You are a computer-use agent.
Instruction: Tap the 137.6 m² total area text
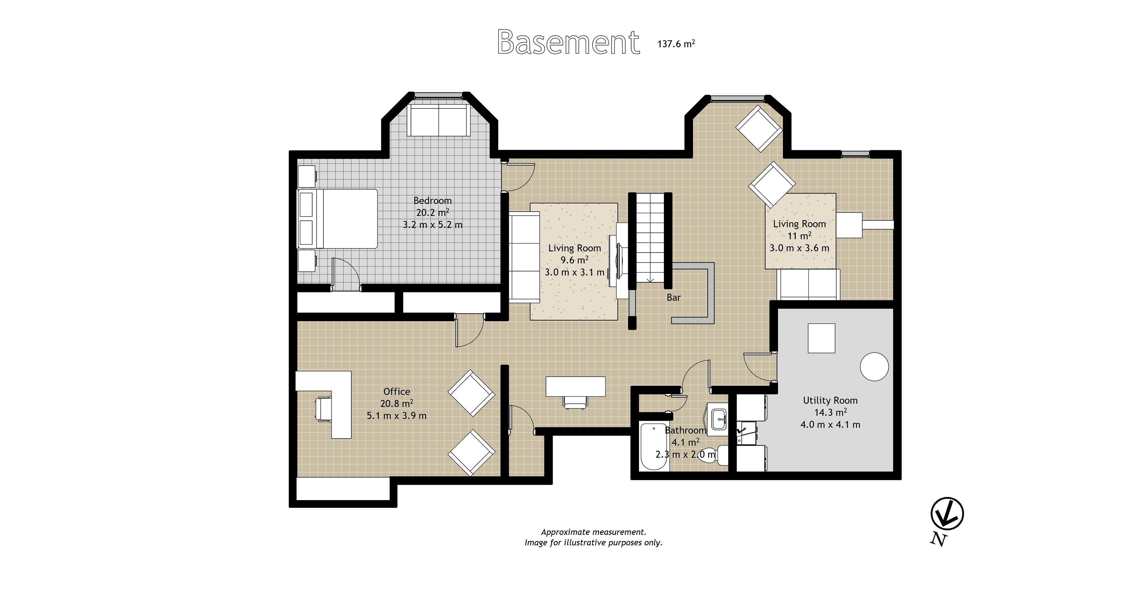click(x=676, y=44)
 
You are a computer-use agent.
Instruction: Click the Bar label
click(x=673, y=298)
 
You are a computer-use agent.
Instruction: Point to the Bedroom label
click(x=432, y=200)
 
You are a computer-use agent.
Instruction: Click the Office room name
click(x=397, y=392)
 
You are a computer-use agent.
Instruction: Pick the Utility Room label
click(x=830, y=400)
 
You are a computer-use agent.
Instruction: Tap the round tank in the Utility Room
click(x=874, y=367)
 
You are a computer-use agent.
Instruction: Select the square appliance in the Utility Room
click(x=821, y=338)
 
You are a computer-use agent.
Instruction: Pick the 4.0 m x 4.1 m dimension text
click(x=830, y=424)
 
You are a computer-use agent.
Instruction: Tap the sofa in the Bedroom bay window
click(x=439, y=120)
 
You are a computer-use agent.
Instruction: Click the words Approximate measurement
click(x=593, y=532)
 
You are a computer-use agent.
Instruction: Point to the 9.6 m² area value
click(x=574, y=260)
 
